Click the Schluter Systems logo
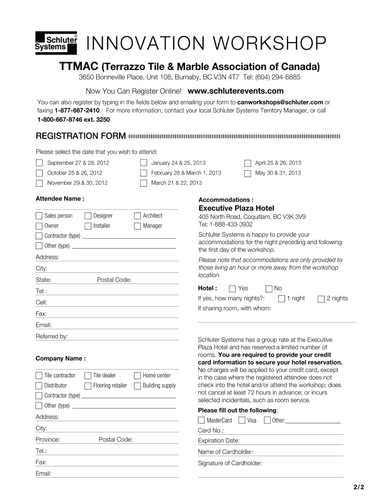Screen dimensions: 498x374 coord(56,42)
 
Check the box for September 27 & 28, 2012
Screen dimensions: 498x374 coord(39,163)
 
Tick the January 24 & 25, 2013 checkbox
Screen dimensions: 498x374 coord(143,163)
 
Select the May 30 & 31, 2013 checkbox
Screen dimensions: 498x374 coord(248,173)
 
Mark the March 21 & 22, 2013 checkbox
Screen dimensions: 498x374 coord(143,183)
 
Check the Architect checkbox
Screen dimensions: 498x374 coord(137,216)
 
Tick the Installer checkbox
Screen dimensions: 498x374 coord(88,226)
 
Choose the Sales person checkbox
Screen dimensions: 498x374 coord(39,216)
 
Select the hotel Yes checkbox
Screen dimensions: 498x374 coord(232,288)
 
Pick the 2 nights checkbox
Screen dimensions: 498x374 coord(321,299)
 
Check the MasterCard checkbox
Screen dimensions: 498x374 coord(201,420)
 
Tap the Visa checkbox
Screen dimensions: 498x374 coord(241,420)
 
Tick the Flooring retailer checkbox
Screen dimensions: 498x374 coord(88,386)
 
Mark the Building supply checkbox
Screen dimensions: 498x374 coord(137,386)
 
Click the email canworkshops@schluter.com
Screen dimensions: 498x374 coord(280,102)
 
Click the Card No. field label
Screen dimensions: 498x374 coord(211,430)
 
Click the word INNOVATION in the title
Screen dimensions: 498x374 coord(145,44)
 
